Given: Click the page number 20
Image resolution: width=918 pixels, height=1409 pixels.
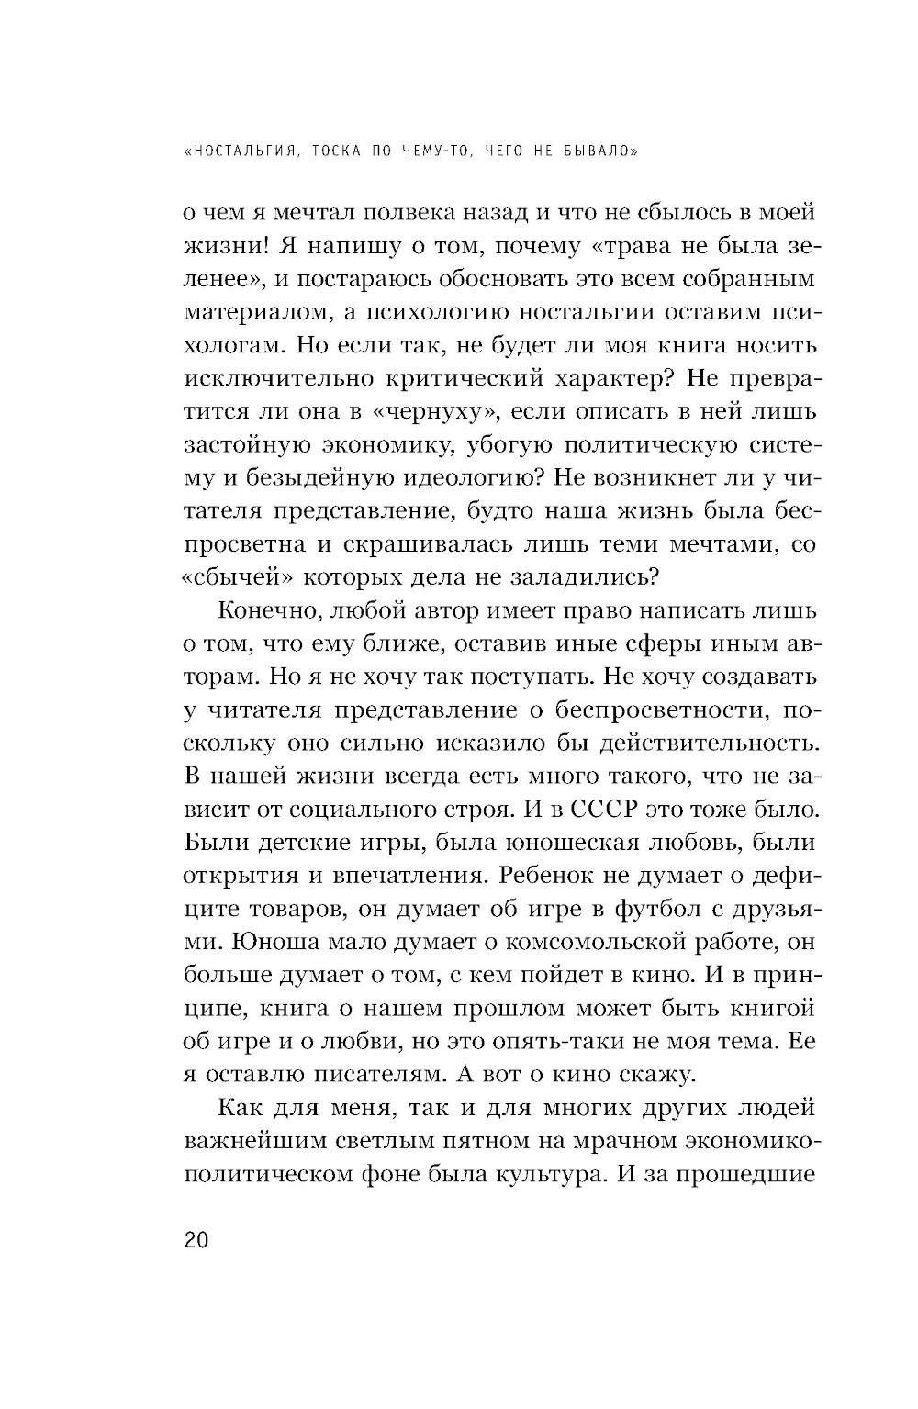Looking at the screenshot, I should [x=196, y=1240].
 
